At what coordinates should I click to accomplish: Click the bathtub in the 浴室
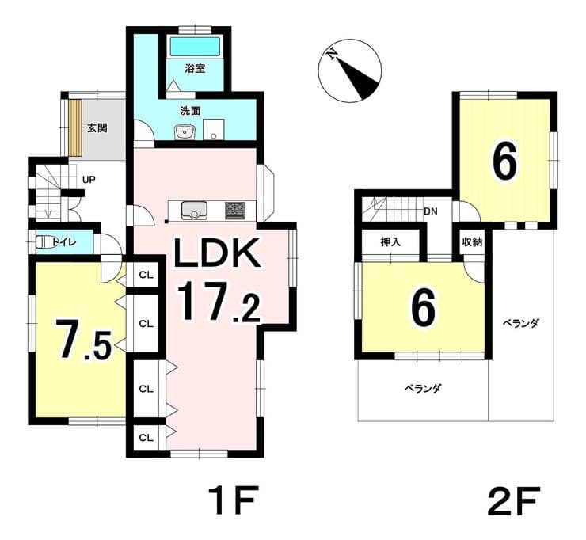pyautogui.click(x=195, y=47)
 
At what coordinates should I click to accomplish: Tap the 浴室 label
pyautogui.click(x=195, y=68)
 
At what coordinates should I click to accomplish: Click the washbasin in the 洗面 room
pyautogui.click(x=184, y=131)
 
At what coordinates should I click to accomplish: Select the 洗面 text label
pyautogui.click(x=190, y=111)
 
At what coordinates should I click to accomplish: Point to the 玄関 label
pyautogui.click(x=97, y=128)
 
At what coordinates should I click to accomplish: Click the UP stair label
pyautogui.click(x=89, y=180)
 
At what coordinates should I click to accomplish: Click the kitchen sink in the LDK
pyautogui.click(x=194, y=211)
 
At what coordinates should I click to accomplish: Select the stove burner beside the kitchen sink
pyautogui.click(x=235, y=211)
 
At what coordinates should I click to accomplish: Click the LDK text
pyautogui.click(x=217, y=253)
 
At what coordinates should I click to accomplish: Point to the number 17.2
pyautogui.click(x=219, y=302)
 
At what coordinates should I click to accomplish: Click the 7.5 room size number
pyautogui.click(x=83, y=340)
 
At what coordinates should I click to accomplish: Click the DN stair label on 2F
pyautogui.click(x=431, y=211)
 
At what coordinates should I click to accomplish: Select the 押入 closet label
pyautogui.click(x=390, y=242)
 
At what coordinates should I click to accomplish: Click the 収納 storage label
pyautogui.click(x=473, y=242)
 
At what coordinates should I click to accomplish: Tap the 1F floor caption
pyautogui.click(x=232, y=500)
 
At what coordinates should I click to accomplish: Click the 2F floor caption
pyautogui.click(x=513, y=500)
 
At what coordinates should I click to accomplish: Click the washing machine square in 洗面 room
pyautogui.click(x=213, y=130)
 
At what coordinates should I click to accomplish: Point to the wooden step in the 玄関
pyautogui.click(x=75, y=127)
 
